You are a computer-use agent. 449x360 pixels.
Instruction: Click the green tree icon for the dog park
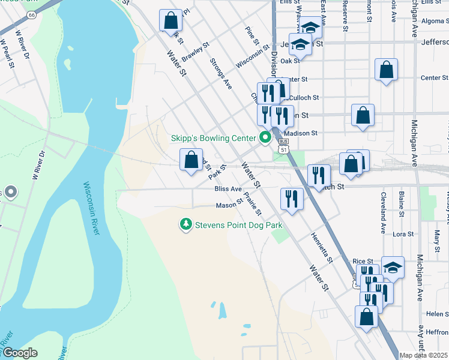tap(187, 224)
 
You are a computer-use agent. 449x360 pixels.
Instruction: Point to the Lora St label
tap(403, 234)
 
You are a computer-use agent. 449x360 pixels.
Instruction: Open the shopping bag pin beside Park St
tap(191, 160)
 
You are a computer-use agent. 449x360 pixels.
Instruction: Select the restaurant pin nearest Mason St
tap(292, 199)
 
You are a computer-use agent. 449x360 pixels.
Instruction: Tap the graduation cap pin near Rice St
tap(393, 268)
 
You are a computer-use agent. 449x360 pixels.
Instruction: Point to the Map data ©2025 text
tap(424, 355)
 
